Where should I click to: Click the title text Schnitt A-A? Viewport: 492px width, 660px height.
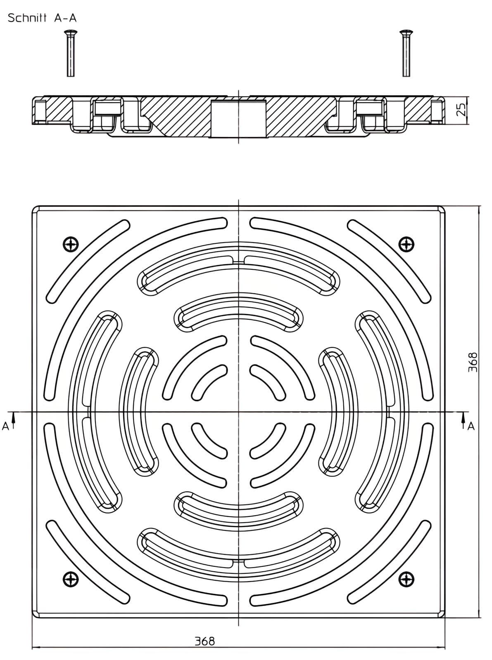click(x=42, y=18)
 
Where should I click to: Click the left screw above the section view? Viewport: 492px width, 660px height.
click(x=70, y=53)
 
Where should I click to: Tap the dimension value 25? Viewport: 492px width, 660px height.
click(x=461, y=109)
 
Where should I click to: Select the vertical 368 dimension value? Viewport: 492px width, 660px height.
click(x=473, y=362)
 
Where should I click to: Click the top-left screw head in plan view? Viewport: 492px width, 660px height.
click(x=71, y=245)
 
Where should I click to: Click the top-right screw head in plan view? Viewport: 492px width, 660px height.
click(x=406, y=245)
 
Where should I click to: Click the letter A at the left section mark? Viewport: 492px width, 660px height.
click(x=5, y=427)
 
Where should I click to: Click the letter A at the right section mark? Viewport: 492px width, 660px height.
click(x=471, y=427)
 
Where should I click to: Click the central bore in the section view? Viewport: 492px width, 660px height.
click(x=238, y=118)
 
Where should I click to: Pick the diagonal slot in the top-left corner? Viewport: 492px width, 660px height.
click(x=88, y=262)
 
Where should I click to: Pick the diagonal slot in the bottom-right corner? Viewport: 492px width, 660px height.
click(x=389, y=562)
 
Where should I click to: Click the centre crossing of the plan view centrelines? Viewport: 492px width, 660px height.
click(x=238, y=412)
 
